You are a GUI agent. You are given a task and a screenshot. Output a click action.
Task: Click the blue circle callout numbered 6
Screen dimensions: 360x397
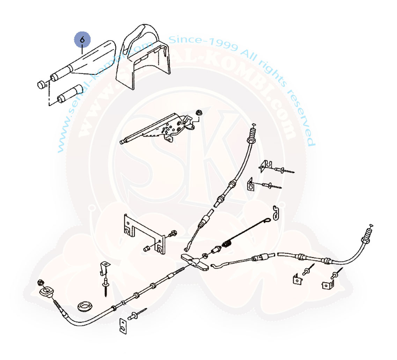click(82, 40)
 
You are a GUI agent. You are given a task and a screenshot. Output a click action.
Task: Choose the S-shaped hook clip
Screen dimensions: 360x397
click(277, 212)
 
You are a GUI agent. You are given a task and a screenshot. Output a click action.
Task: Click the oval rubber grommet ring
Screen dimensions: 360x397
click(85, 304)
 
